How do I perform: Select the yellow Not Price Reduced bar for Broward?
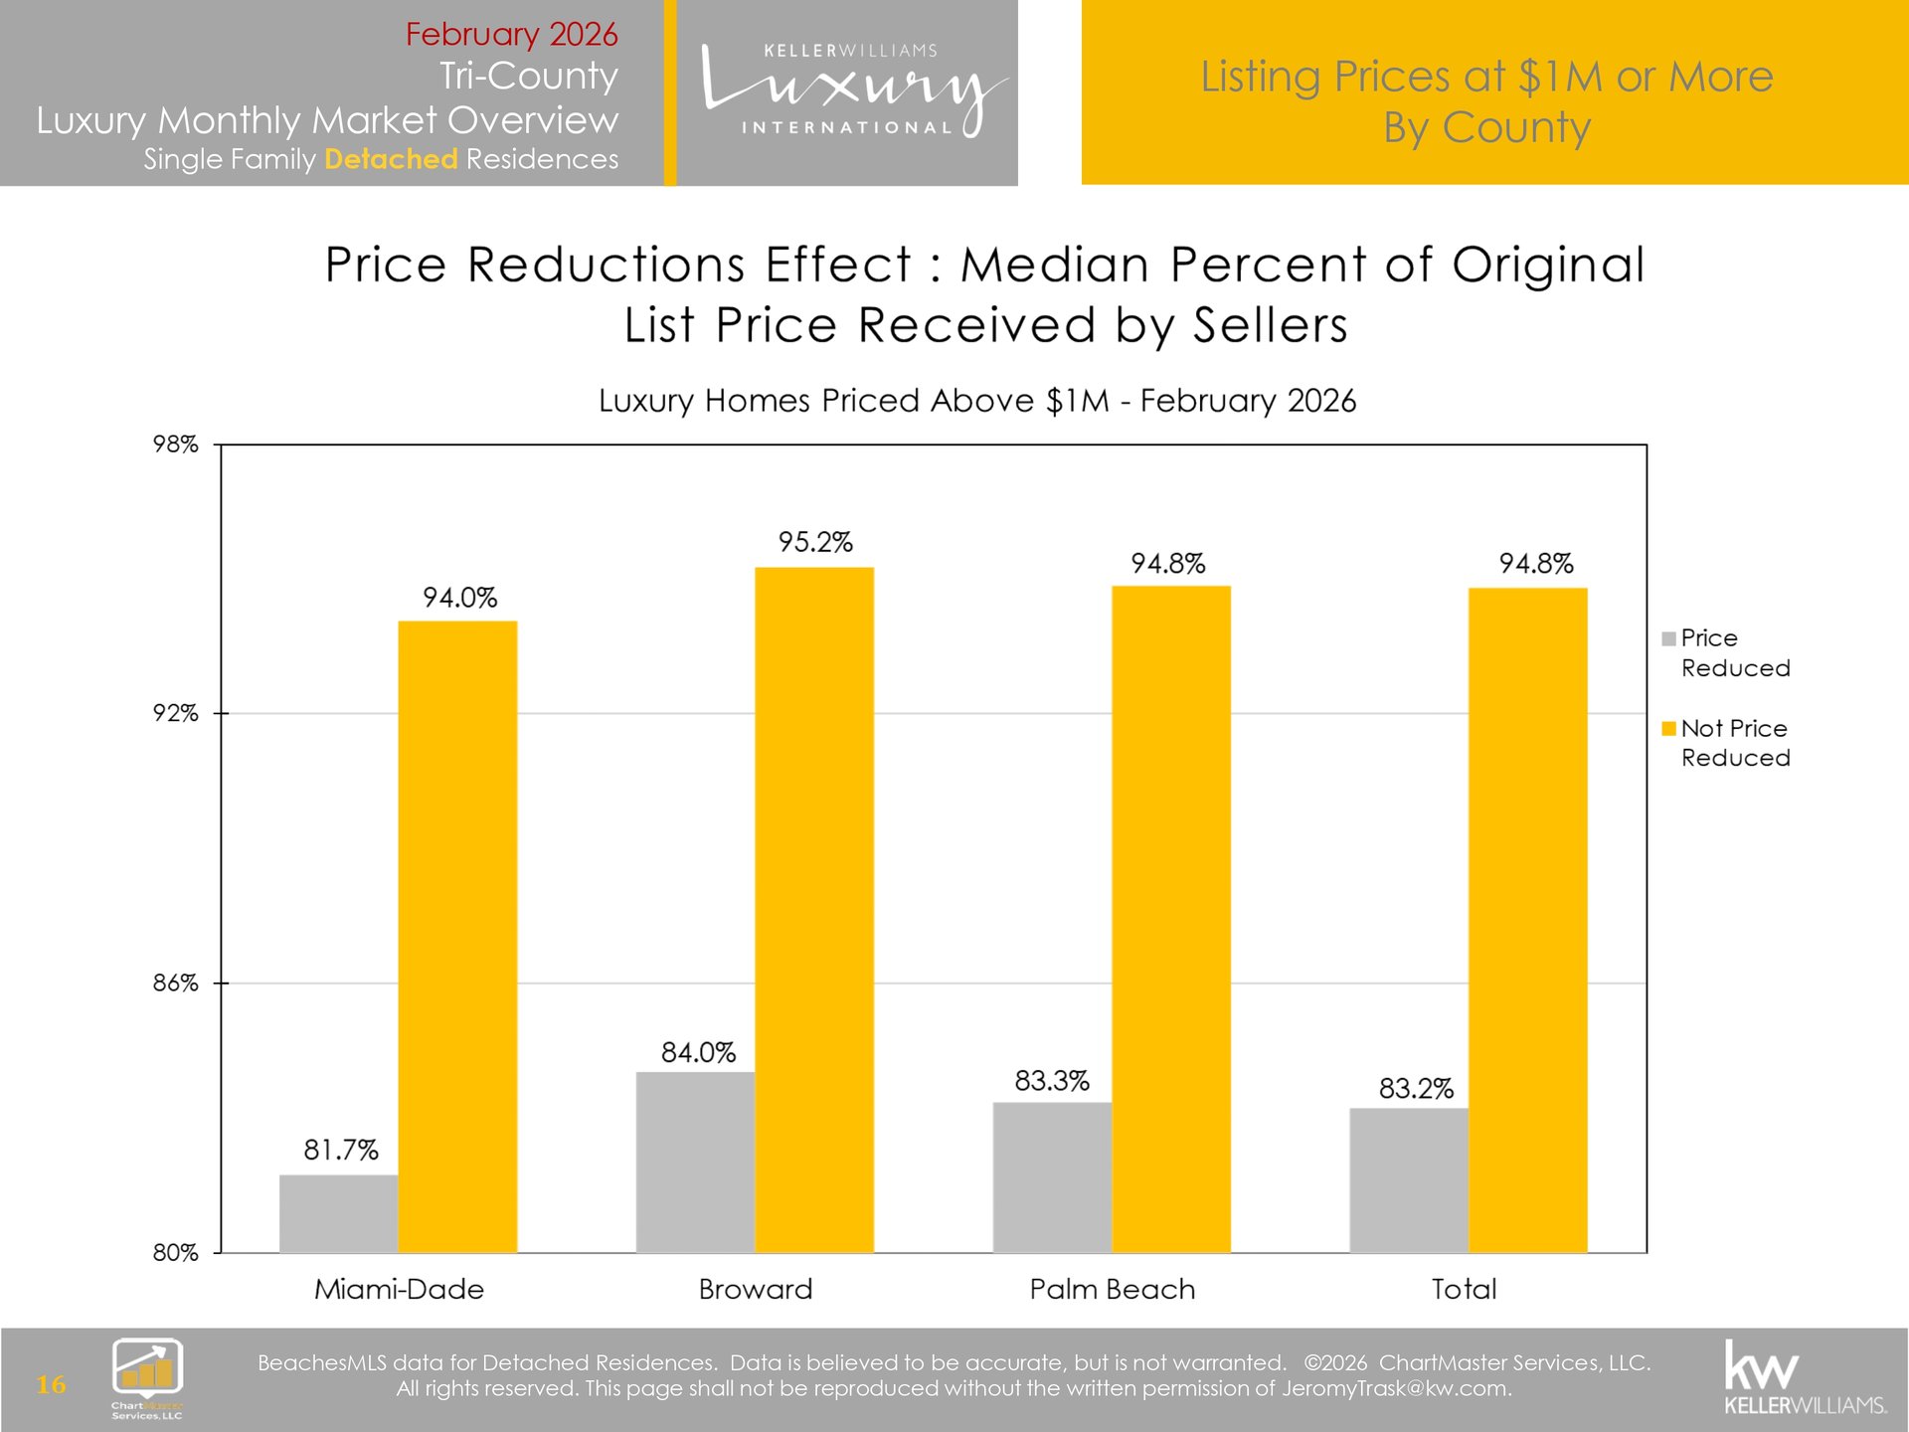click(814, 909)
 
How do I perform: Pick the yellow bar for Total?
click(1527, 920)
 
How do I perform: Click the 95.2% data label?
click(815, 542)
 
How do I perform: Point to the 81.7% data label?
click(341, 1150)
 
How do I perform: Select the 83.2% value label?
click(1416, 1088)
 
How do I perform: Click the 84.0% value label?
click(698, 1052)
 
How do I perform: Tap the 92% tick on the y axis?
click(175, 713)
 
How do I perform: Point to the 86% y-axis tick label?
click(175, 983)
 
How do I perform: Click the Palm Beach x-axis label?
click(1112, 1289)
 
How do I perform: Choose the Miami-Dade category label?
click(399, 1289)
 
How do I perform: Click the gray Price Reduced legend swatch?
click(1668, 638)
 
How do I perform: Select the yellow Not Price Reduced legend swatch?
click(1668, 728)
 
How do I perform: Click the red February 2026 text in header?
click(511, 34)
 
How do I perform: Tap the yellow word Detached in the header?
click(391, 159)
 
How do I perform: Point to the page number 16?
click(51, 1383)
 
